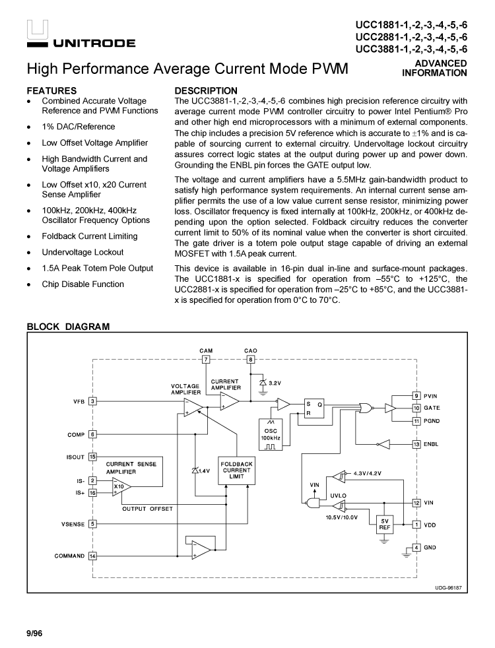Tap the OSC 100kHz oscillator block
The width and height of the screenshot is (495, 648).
271,433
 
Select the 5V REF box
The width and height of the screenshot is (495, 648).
384,524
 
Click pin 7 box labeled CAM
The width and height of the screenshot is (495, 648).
206,359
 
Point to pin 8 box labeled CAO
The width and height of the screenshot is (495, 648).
250,359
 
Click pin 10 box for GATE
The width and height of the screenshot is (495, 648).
416,408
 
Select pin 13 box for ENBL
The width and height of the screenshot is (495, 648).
416,444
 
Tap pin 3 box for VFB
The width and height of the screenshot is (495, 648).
93,401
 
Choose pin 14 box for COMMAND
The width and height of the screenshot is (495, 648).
93,556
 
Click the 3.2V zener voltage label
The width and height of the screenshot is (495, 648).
275,383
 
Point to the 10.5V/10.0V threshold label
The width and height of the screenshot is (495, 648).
341,517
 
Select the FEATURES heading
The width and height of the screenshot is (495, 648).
51,90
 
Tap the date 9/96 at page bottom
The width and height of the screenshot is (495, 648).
34,633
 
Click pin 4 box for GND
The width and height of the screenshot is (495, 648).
416,547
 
